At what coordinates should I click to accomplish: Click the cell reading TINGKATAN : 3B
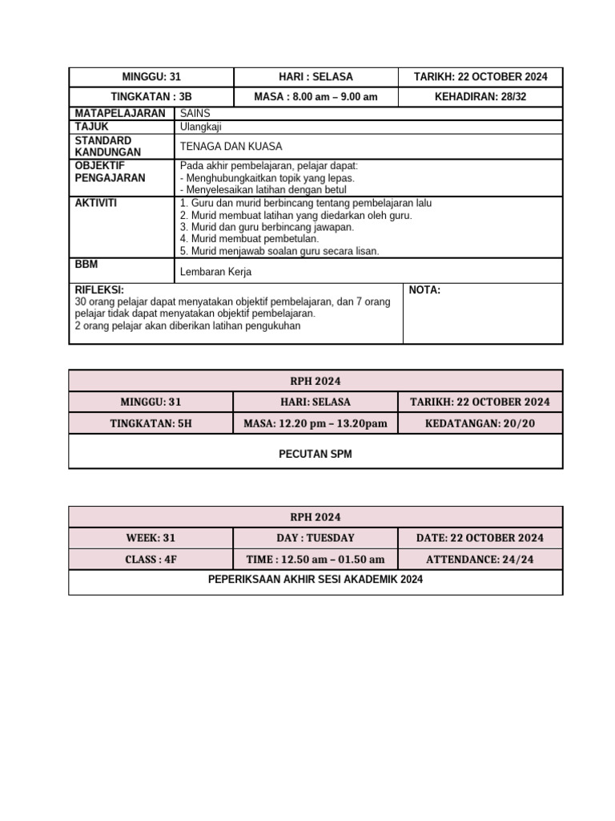[x=151, y=97]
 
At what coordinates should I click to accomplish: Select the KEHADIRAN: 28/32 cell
[x=480, y=97]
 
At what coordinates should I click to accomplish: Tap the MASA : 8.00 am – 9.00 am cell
[x=316, y=97]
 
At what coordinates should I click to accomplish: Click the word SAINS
[x=195, y=114]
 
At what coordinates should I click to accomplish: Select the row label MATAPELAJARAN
[x=120, y=114]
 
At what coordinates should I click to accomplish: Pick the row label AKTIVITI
[x=96, y=204]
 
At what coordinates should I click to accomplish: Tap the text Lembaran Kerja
[x=216, y=272]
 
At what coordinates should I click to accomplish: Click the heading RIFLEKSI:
[x=99, y=290]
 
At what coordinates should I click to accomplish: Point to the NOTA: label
[x=424, y=290]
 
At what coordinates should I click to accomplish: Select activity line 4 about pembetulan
[x=250, y=239]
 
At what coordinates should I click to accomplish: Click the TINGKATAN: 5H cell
[x=151, y=423]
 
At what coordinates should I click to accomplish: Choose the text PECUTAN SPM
[x=316, y=454]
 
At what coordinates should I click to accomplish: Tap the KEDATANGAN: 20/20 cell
[x=480, y=423]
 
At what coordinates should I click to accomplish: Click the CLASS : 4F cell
[x=151, y=560]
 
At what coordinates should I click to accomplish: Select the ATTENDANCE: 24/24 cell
[x=480, y=560]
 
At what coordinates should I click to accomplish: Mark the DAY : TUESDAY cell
[x=316, y=538]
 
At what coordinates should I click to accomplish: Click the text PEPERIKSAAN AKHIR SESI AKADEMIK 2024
[x=316, y=580]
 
